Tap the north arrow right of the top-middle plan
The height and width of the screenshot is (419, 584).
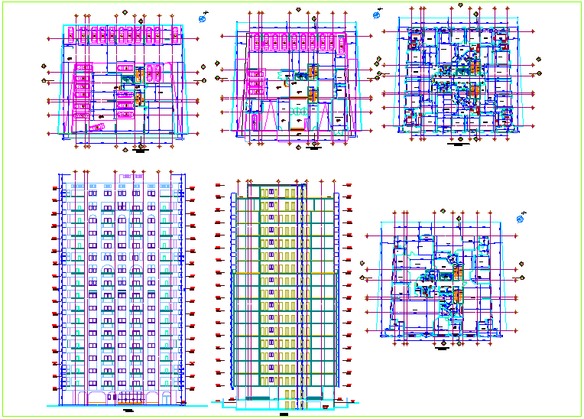tap(377, 15)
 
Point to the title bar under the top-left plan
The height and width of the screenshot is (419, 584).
tap(140, 151)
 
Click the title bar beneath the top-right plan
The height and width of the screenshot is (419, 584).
tap(457, 143)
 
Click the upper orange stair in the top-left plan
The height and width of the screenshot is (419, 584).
tap(139, 75)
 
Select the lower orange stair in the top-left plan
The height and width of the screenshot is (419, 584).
tap(139, 97)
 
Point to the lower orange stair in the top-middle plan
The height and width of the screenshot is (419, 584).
tap(313, 94)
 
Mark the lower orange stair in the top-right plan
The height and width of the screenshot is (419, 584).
tap(474, 93)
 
